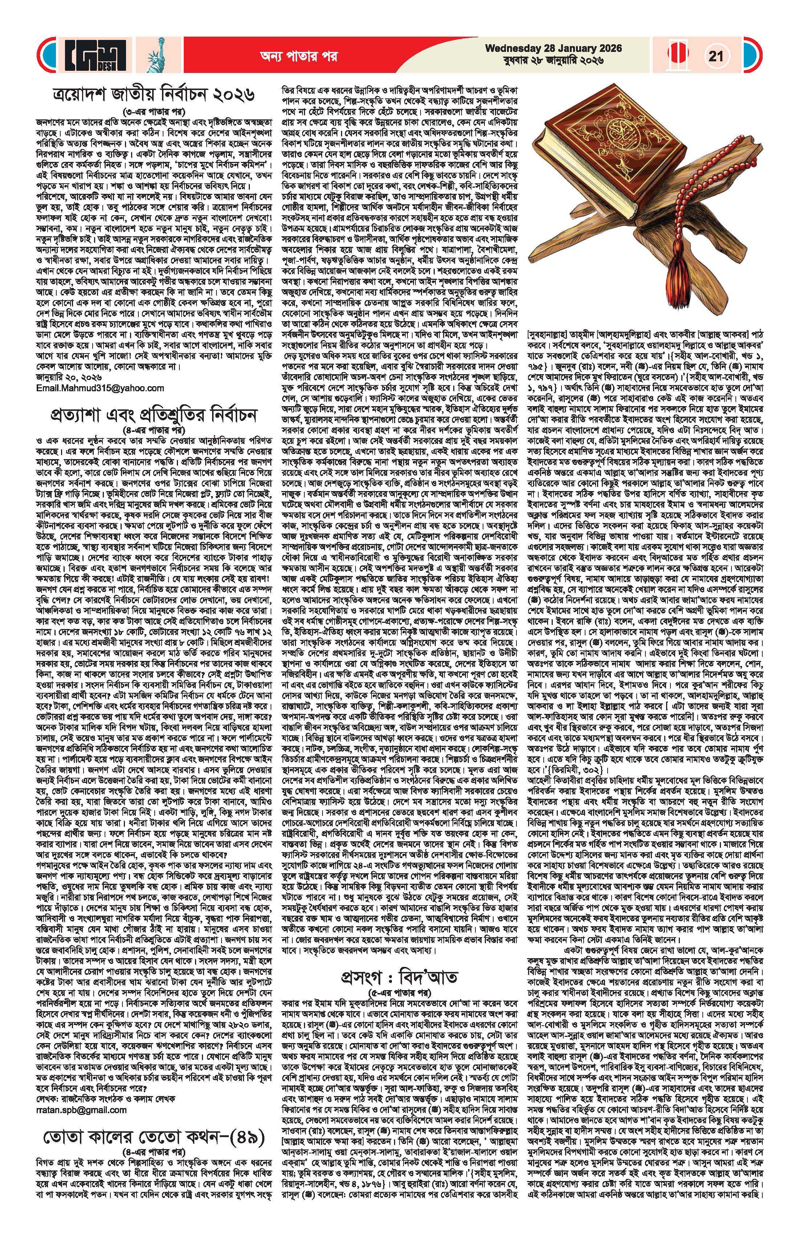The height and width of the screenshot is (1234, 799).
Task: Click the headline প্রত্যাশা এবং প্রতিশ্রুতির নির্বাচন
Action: [156, 416]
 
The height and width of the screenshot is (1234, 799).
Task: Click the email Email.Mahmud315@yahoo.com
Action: [100, 388]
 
